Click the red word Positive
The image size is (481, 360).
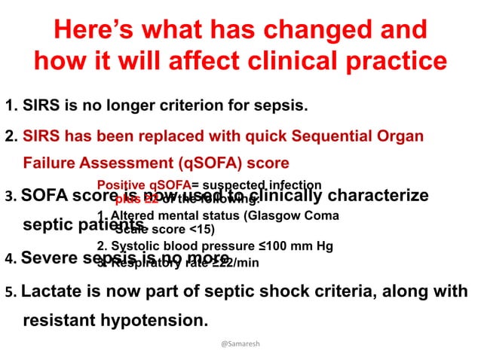(121, 185)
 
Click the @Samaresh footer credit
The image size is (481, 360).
(240, 343)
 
